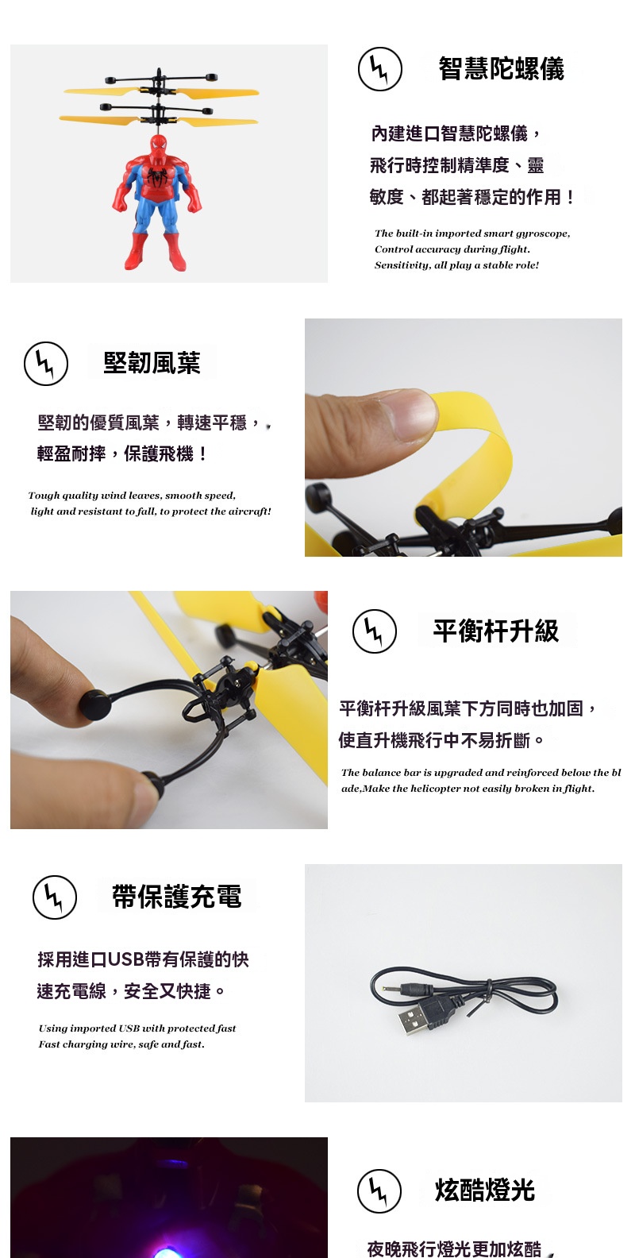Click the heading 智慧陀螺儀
click(x=501, y=69)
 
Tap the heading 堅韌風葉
click(x=152, y=363)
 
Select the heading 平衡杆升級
click(x=496, y=631)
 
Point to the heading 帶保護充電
click(x=177, y=897)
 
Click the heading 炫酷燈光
click(x=485, y=1190)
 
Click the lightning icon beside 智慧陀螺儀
click(x=380, y=69)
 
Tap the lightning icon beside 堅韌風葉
click(x=46, y=364)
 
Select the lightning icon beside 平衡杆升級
click(x=375, y=631)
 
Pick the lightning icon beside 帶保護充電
click(x=55, y=897)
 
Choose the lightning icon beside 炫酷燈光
click(x=379, y=1190)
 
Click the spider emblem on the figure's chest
click(x=157, y=177)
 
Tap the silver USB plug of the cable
click(x=413, y=1019)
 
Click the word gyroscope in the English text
click(x=542, y=233)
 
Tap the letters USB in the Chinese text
click(x=125, y=959)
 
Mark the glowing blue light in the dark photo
click(x=171, y=1250)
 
